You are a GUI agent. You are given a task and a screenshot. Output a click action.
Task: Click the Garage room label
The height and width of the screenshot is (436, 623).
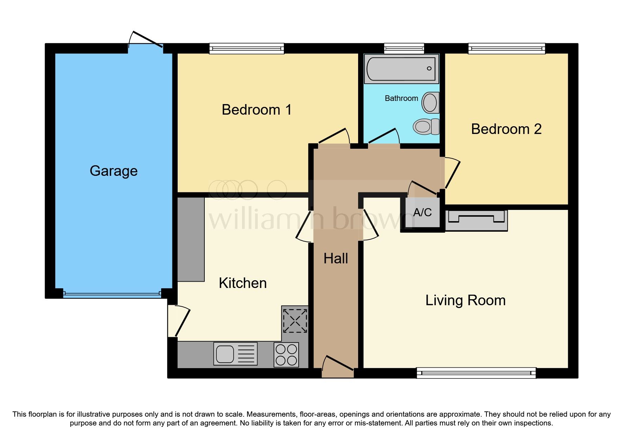113,171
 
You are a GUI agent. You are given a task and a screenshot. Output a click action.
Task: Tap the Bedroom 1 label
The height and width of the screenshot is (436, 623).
256,110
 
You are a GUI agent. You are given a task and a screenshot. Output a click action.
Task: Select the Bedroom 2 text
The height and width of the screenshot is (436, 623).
506,129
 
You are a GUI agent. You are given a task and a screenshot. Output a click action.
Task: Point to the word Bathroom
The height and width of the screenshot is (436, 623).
401,98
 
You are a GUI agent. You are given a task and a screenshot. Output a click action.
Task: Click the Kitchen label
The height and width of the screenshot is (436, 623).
242,283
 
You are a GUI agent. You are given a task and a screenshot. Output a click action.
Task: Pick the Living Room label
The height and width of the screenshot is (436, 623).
465,300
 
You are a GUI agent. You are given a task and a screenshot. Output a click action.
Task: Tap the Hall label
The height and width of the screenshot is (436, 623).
336,258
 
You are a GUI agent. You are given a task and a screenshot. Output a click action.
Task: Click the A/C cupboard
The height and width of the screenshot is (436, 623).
422,212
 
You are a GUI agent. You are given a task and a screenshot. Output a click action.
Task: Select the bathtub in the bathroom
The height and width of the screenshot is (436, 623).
401,69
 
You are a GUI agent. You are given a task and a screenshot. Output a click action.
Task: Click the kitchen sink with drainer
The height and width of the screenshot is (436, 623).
235,354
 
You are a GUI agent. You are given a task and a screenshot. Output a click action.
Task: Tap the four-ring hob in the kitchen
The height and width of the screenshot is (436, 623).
286,355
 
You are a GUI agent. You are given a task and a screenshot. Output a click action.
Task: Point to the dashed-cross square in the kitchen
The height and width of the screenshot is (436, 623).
295,321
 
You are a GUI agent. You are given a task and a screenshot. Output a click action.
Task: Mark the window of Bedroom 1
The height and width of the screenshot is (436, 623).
246,48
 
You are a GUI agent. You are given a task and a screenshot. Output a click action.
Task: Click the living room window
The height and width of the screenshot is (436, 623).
476,373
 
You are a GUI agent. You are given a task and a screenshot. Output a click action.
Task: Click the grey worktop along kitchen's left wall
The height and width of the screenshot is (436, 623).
191,239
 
